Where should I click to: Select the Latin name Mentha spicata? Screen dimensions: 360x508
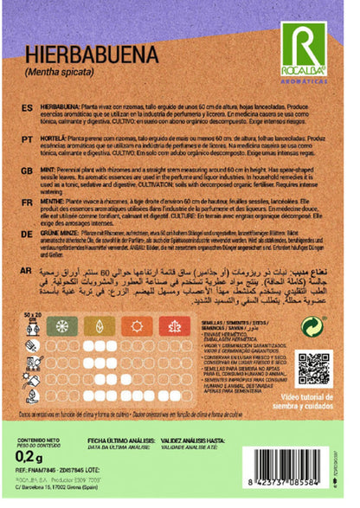click(60, 71)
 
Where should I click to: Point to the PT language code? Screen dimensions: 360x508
click(26, 138)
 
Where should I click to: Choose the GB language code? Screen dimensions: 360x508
click(26, 171)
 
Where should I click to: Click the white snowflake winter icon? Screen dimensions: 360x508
click(198, 327)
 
